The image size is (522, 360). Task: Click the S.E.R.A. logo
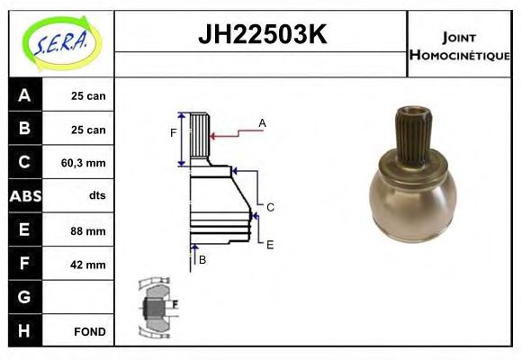click(62, 43)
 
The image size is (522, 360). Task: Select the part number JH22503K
click(263, 34)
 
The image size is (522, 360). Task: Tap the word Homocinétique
click(460, 55)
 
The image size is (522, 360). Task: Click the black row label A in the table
click(25, 94)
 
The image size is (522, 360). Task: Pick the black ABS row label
click(25, 196)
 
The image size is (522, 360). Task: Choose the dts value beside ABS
click(97, 195)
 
